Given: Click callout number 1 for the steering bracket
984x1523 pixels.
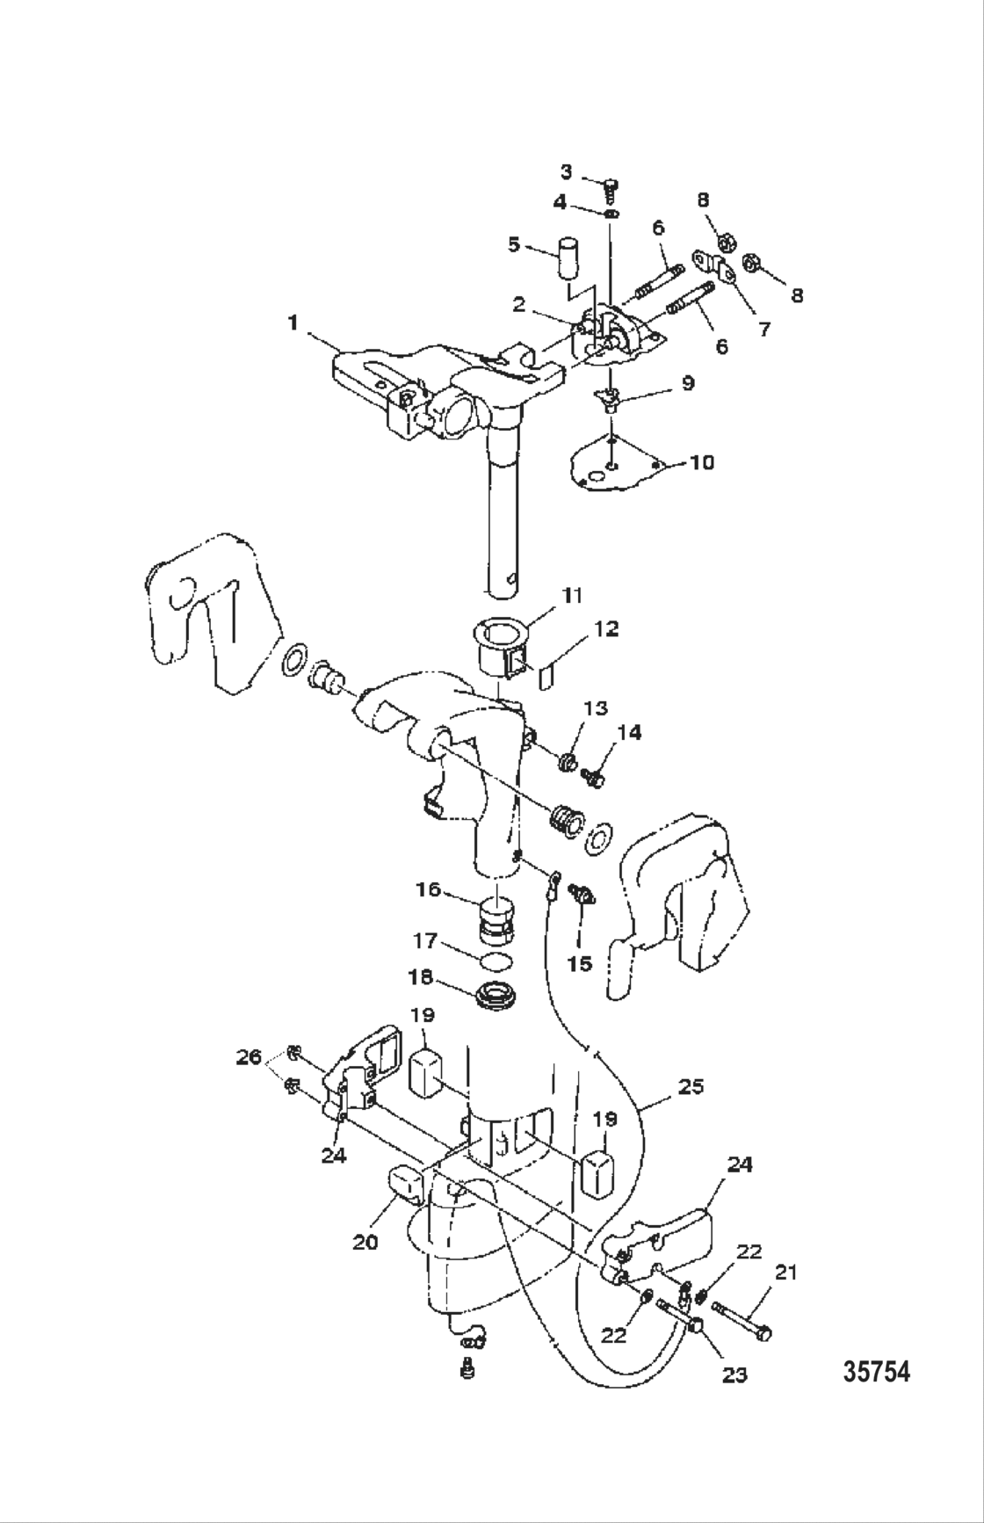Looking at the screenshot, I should pos(293,323).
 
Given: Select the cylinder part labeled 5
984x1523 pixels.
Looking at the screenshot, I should pos(570,257).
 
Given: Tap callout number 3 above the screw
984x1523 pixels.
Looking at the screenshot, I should pos(566,171).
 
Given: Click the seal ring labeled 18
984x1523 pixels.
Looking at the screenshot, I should pos(497,997).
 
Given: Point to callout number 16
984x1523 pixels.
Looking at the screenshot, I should pos(428,891).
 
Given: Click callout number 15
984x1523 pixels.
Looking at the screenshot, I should pos(579,963).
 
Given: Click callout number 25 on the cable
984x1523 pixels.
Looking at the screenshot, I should pos(691,1086).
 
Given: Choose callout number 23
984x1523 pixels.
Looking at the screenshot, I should pos(734,1374).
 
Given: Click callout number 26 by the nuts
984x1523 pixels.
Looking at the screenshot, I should pos(250,1057).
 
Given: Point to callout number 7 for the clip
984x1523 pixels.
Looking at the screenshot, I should pos(763,330).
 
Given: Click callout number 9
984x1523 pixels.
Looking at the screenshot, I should pos(688,383).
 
